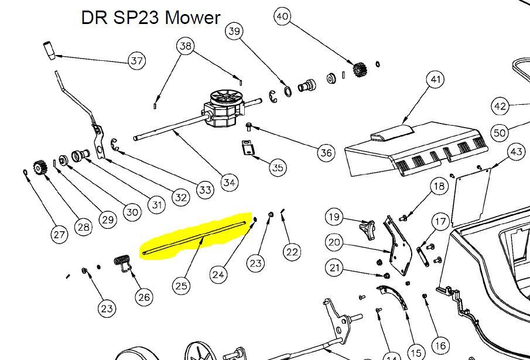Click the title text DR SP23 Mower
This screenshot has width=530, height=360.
[151, 18]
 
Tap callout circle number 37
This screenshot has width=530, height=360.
[137, 61]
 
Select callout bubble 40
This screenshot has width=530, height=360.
[282, 16]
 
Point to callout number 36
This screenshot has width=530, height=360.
[326, 153]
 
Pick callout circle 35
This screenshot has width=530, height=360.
[278, 168]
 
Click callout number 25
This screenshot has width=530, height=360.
[182, 286]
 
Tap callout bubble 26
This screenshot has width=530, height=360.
[144, 297]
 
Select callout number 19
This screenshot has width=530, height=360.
[334, 217]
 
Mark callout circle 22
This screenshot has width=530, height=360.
[292, 252]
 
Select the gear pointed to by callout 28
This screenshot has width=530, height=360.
[40, 167]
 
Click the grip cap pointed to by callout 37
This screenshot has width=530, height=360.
[49, 50]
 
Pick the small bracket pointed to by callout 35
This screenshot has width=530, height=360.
[249, 147]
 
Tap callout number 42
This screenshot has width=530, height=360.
[500, 107]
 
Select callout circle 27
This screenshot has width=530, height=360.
[59, 235]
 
